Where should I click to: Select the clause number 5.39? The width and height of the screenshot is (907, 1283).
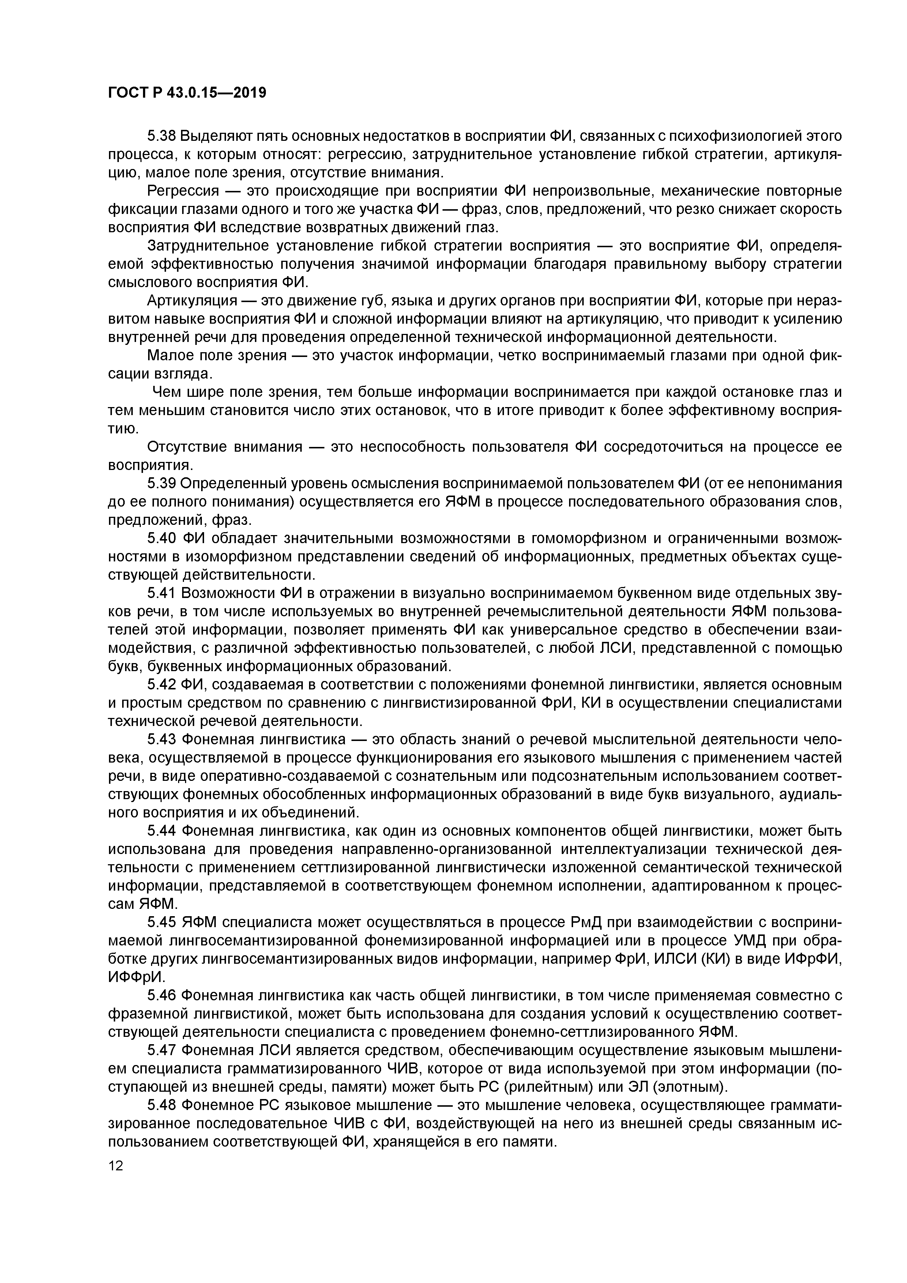[x=162, y=484]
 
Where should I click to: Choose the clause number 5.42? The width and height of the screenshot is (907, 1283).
[x=162, y=685]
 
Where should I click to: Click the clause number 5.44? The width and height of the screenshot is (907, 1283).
[x=162, y=831]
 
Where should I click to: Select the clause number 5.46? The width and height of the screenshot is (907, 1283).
[x=162, y=996]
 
